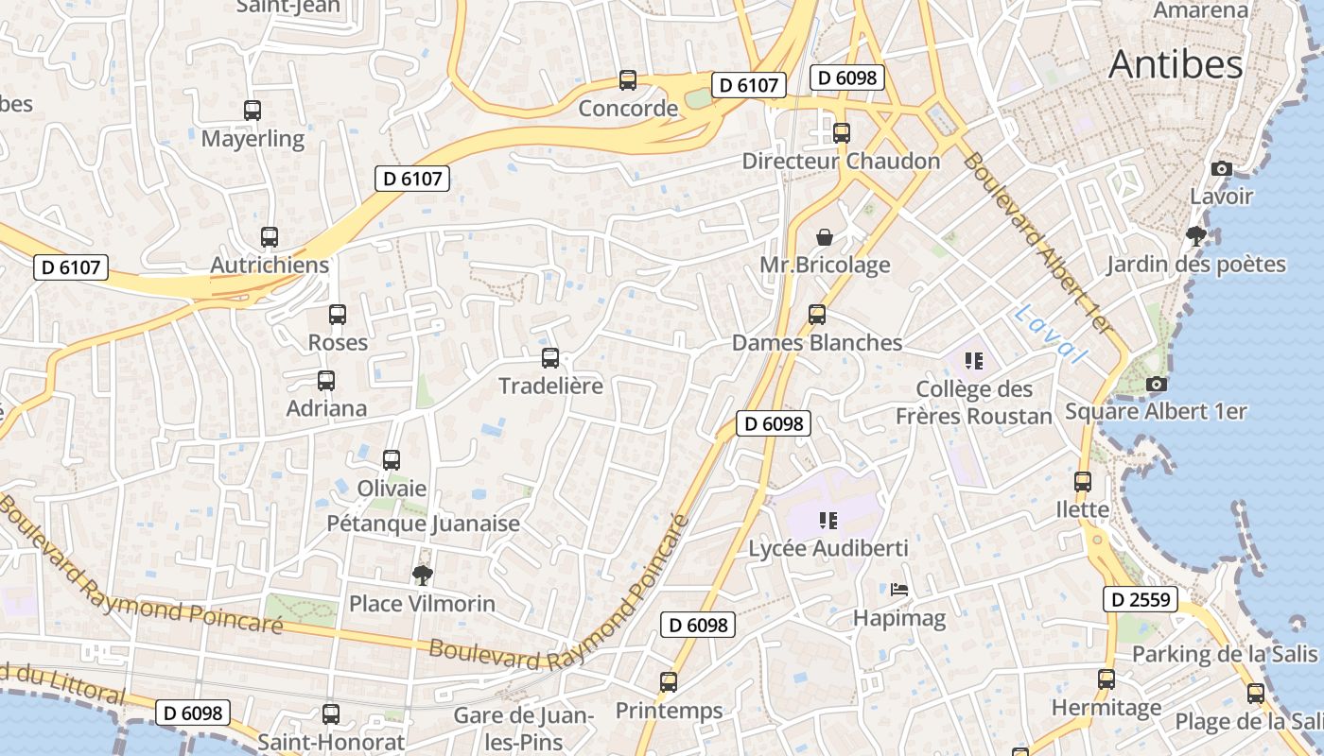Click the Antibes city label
pyautogui.click(x=1176, y=64)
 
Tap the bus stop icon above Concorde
pyautogui.click(x=628, y=80)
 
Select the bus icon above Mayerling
pyautogui.click(x=253, y=111)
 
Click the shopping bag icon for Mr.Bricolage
pyautogui.click(x=825, y=236)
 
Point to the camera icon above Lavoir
pyautogui.click(x=1221, y=169)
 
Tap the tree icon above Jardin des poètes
pyautogui.click(x=1196, y=236)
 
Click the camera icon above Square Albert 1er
pyautogui.click(x=1156, y=384)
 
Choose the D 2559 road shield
pyautogui.click(x=1140, y=599)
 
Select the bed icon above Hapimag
pyautogui.click(x=899, y=591)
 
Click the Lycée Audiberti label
pyautogui.click(x=828, y=548)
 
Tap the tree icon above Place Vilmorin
pyautogui.click(x=422, y=575)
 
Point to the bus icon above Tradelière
pyautogui.click(x=550, y=358)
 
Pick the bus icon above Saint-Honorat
pyautogui.click(x=331, y=714)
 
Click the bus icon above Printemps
pyautogui.click(x=669, y=681)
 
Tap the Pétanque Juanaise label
pyautogui.click(x=423, y=524)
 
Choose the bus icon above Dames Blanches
pyautogui.click(x=817, y=315)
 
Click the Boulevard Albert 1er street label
pyautogui.click(x=1035, y=242)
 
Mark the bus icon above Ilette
pyautogui.click(x=1083, y=482)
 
